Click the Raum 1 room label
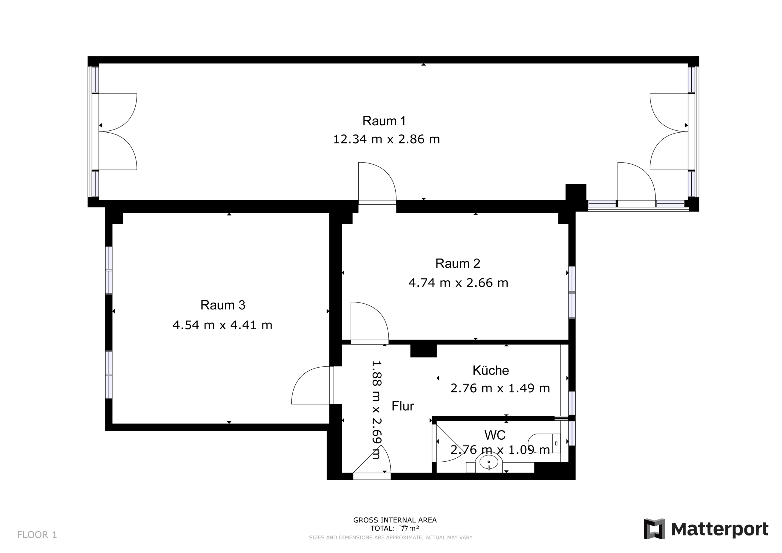point(384,121)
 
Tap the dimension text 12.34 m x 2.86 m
point(386,139)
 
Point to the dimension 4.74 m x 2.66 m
point(458,283)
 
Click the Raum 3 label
point(223,305)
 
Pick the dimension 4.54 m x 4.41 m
point(222,325)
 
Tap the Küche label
point(491,370)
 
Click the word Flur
point(403,406)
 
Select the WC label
point(495,435)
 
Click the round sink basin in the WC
point(489,462)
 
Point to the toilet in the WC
point(544,444)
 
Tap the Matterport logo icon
point(654,529)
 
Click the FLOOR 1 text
point(37,535)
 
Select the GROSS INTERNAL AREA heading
point(395,520)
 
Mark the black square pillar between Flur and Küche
point(423,351)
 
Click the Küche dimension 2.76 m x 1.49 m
point(500,388)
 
